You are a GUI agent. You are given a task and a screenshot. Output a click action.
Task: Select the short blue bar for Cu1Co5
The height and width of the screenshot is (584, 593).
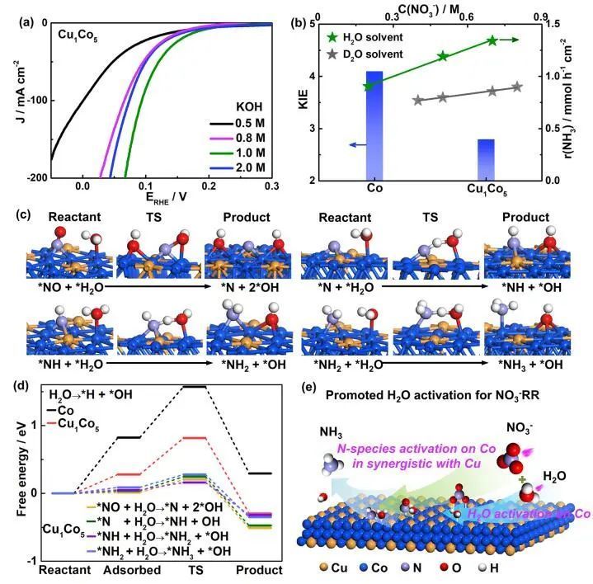point(486,159)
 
